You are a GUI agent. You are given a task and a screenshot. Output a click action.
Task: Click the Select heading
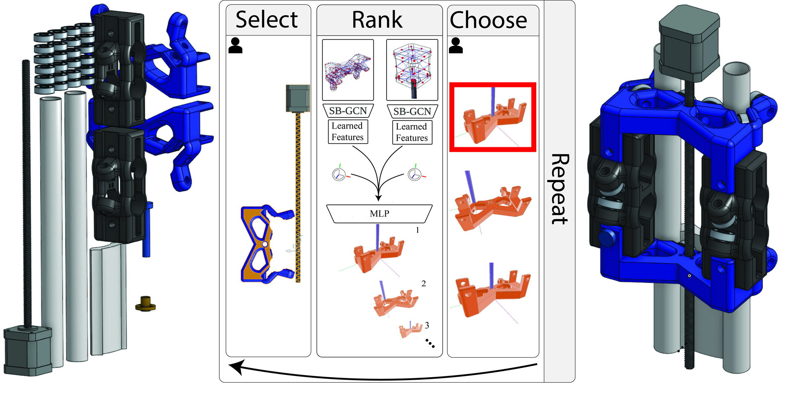[x=267, y=20]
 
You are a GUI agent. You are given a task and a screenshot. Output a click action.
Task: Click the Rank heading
[x=377, y=20]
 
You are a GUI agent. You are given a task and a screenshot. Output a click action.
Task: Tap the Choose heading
[x=488, y=20]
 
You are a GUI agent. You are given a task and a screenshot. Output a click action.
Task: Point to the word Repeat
[x=560, y=189]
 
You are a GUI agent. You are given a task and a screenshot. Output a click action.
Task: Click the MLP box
[x=379, y=213]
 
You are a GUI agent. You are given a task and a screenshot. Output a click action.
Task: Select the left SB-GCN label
[x=348, y=111]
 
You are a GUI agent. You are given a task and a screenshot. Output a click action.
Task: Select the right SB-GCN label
[x=412, y=111]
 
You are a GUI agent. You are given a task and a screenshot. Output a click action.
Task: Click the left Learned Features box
[x=348, y=131]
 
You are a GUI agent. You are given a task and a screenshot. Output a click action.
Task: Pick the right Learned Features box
[x=412, y=132]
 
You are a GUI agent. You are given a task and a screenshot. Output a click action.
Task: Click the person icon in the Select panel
[x=235, y=45]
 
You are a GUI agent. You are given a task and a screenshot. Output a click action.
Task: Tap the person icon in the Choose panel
[x=456, y=45]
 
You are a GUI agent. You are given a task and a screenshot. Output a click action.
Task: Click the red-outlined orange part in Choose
[x=493, y=118]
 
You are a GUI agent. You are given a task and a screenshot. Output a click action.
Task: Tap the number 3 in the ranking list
[x=427, y=325]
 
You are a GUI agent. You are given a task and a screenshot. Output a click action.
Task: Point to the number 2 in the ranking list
[x=423, y=283]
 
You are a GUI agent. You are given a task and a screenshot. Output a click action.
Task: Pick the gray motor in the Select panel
[x=297, y=98]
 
